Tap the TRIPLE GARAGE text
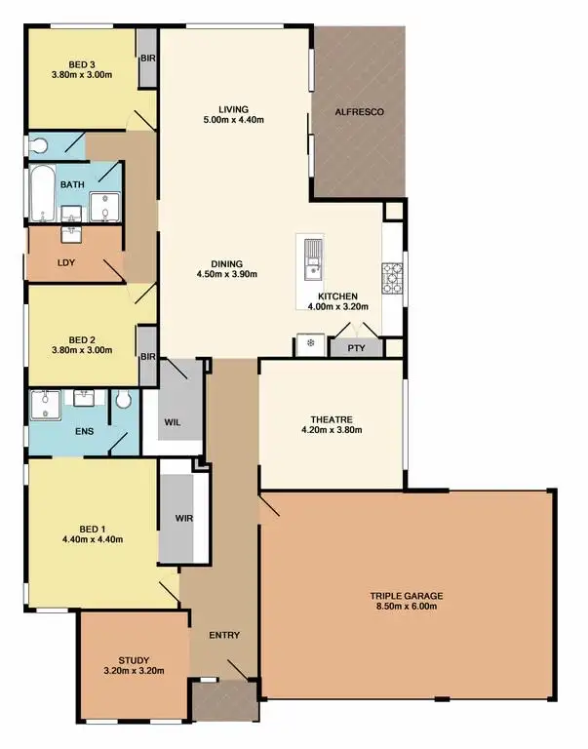click(x=406, y=595)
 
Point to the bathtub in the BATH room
click(x=42, y=193)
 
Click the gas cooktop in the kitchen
click(x=393, y=277)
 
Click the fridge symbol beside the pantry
click(x=309, y=344)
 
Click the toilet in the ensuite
click(x=124, y=400)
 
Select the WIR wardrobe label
click(x=183, y=517)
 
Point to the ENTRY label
click(x=224, y=635)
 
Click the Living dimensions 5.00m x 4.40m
click(x=234, y=120)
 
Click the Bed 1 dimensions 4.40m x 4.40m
click(x=91, y=539)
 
